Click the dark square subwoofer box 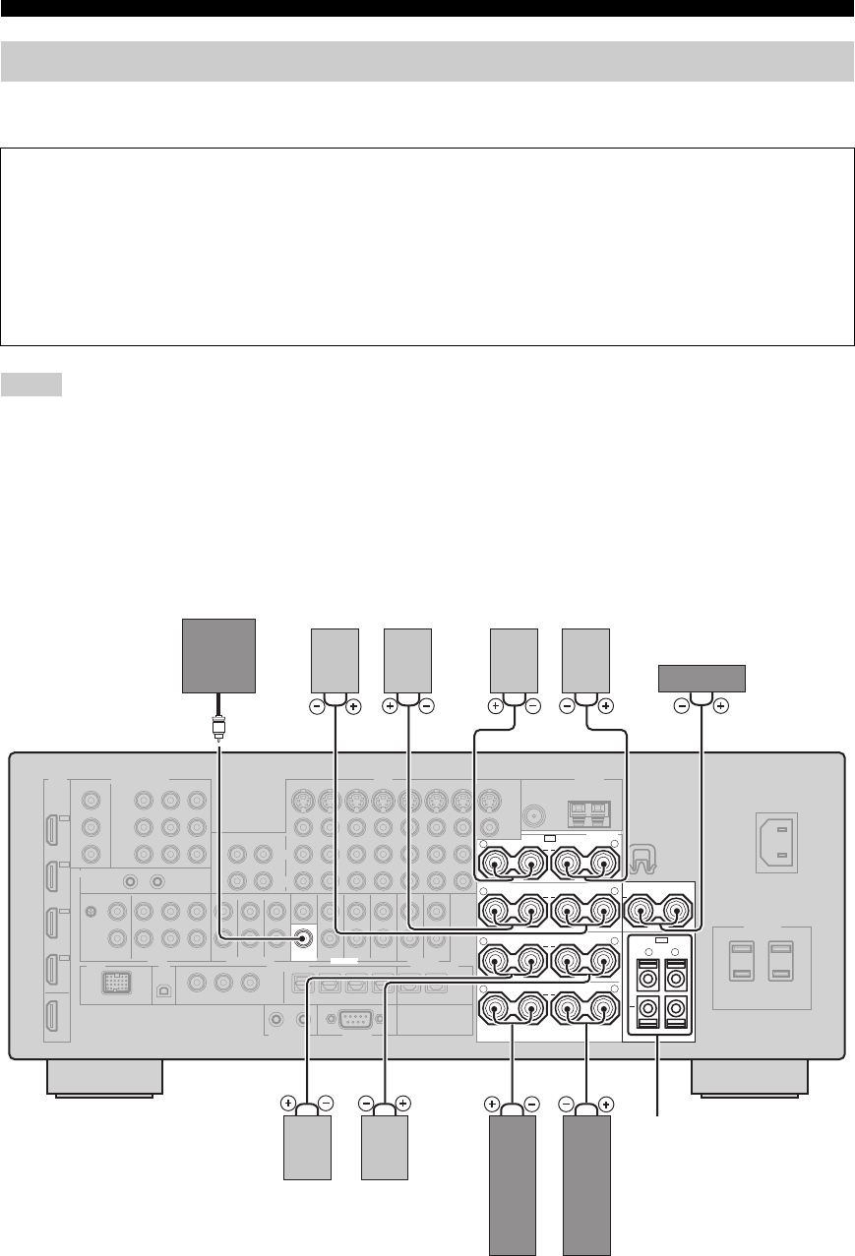tap(219, 656)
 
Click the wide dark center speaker tap(701, 679)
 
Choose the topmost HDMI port tap(52, 812)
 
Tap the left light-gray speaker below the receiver tap(307, 1149)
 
